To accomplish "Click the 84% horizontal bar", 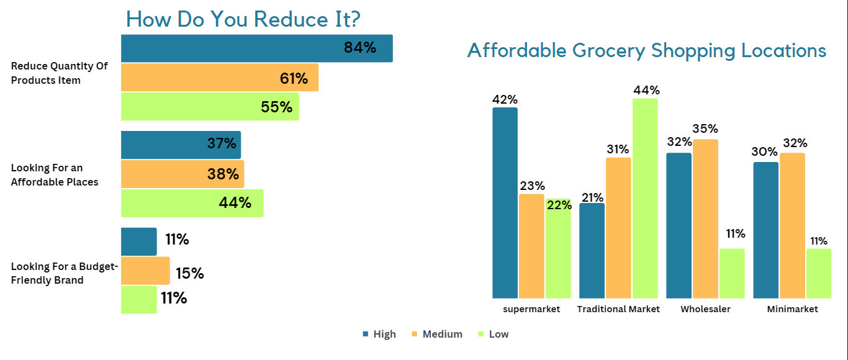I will (256, 48).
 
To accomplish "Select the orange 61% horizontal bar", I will (219, 78).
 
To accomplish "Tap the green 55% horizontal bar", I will (210, 107).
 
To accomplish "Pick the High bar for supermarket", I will (505, 203).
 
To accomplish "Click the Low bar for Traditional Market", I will (645, 199).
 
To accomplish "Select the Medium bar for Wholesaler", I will (705, 218).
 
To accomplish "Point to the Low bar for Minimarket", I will (819, 274).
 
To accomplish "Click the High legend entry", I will (379, 334).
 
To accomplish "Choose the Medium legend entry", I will (437, 334).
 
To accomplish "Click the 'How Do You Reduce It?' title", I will (243, 20).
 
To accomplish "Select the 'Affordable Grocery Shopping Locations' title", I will (646, 50).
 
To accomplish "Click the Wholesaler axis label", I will (705, 309).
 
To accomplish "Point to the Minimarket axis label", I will (792, 309).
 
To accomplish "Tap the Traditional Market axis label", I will (618, 309).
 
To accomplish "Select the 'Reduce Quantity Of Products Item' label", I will (59, 73).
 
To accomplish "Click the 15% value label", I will (189, 274).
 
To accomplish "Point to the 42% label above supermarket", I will (505, 99).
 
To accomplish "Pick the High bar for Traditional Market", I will (592, 251).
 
